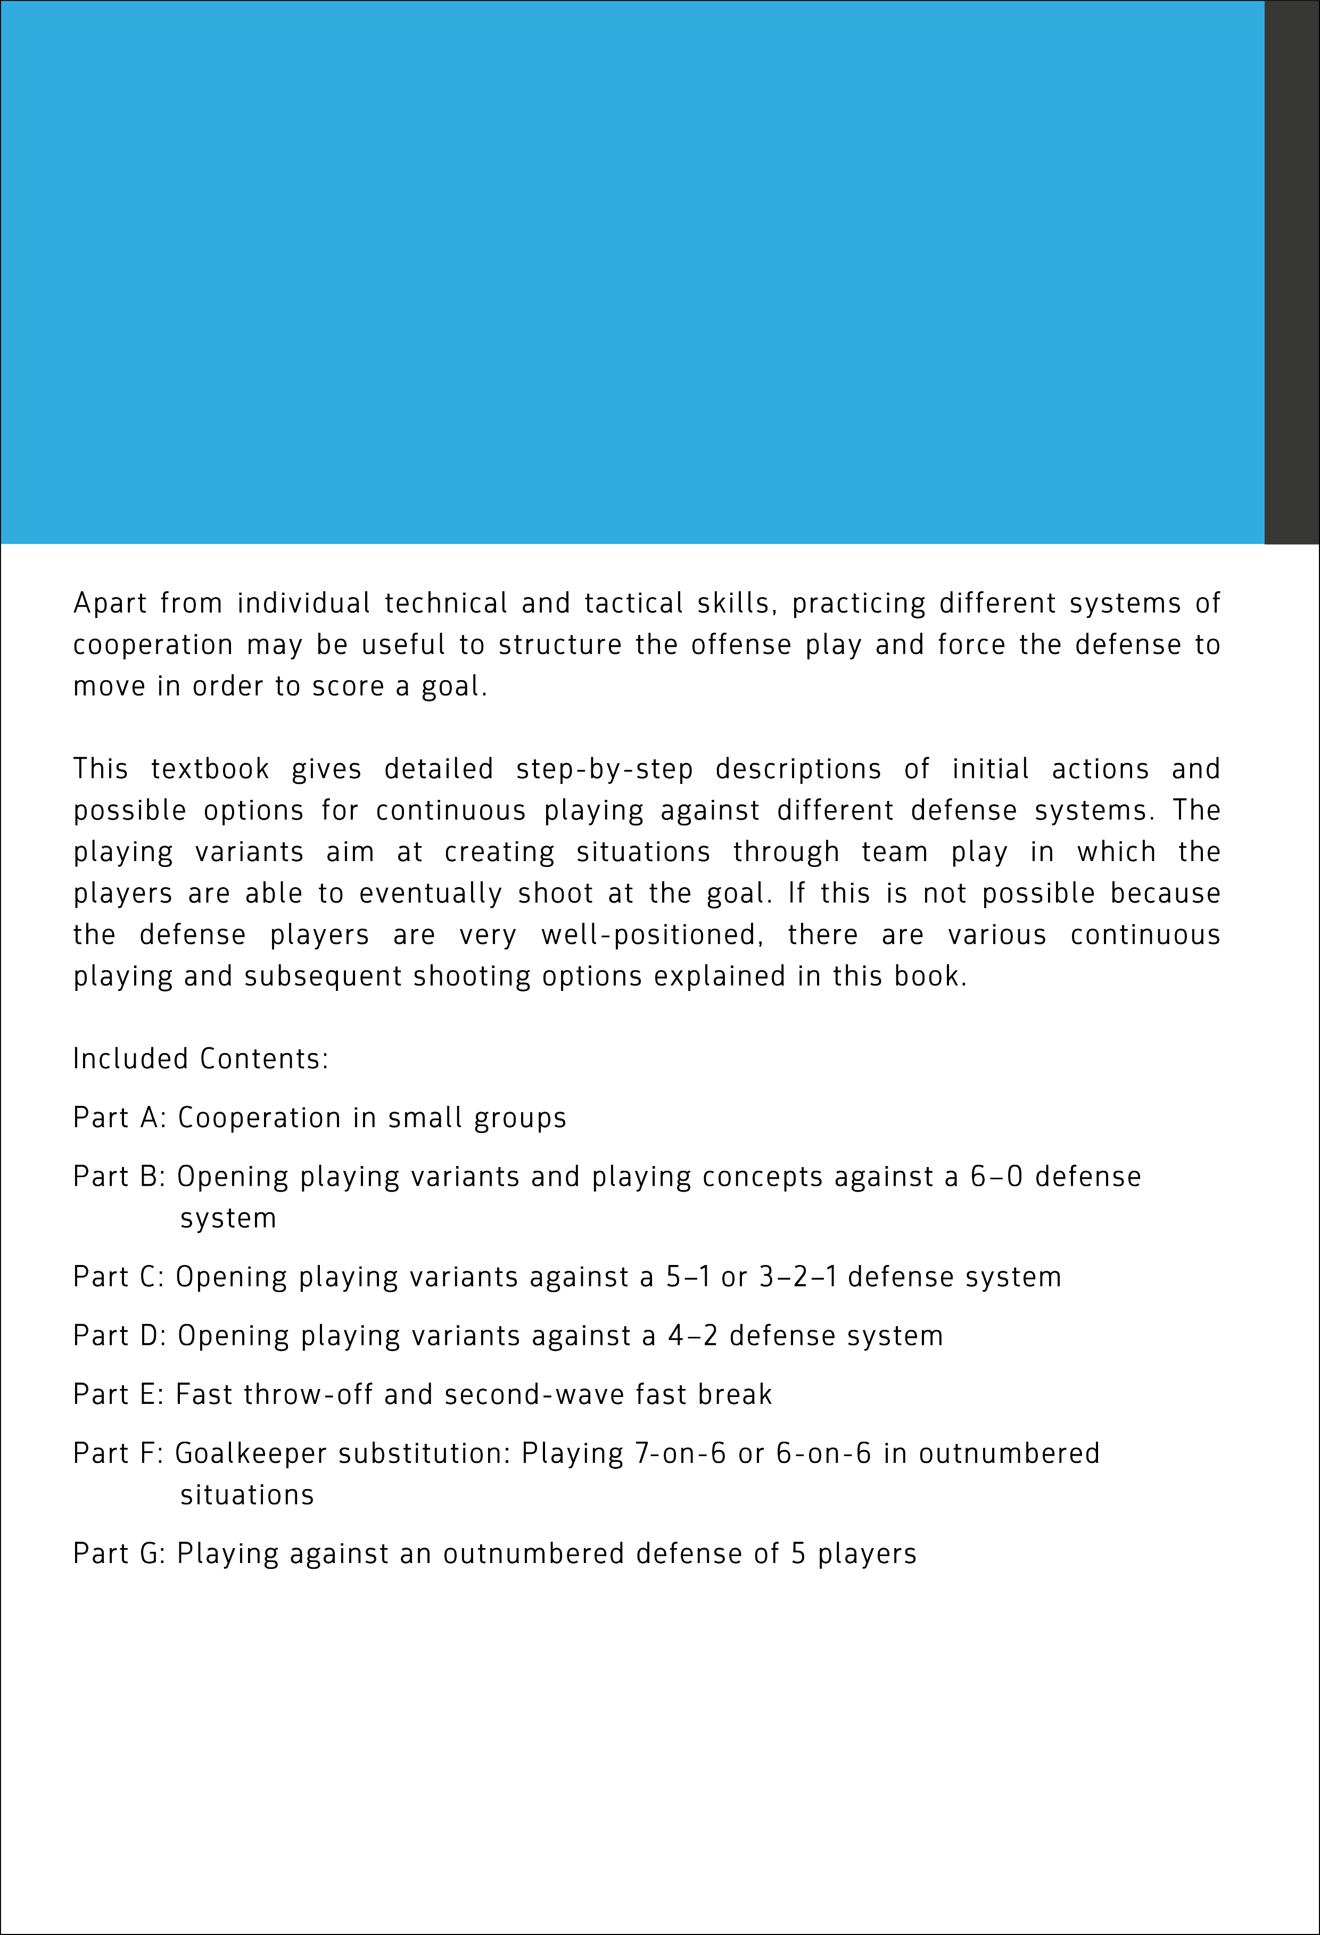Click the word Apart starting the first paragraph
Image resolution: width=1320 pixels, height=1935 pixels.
109,603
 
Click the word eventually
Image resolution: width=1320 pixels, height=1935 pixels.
431,894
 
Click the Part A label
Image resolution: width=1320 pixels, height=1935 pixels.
120,1118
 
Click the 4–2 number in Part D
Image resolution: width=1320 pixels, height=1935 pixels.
692,1336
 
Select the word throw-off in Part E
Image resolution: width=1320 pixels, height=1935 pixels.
308,1395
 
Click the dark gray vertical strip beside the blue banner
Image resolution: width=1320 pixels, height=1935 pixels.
1292,272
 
